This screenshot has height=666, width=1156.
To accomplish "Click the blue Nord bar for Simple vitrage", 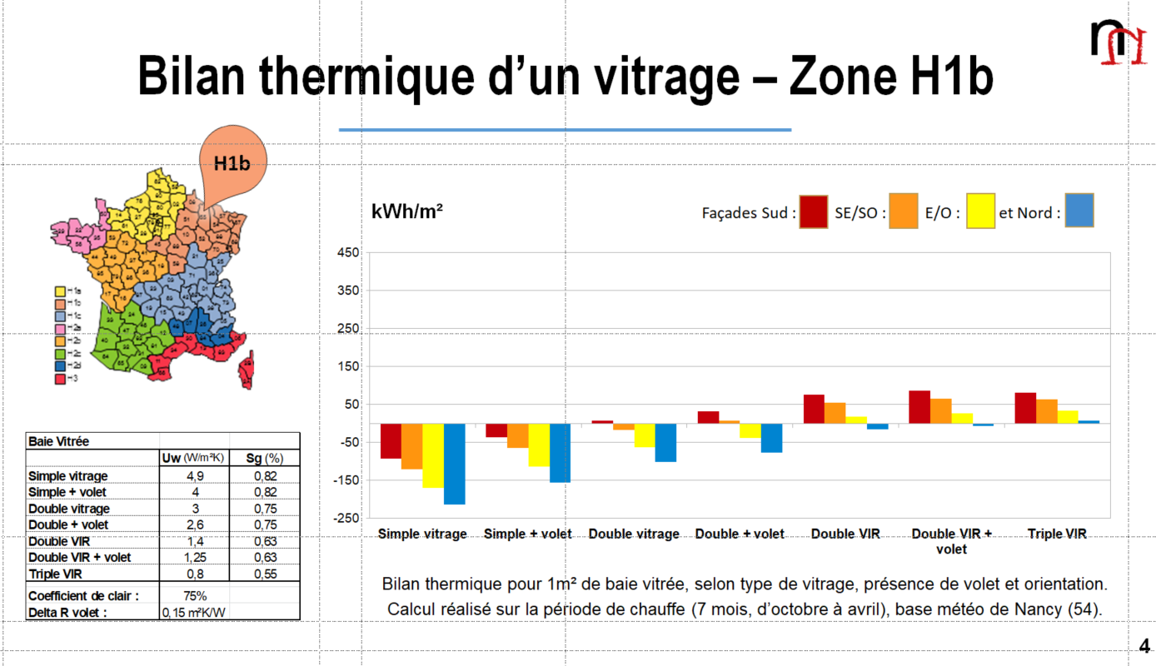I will tap(454, 464).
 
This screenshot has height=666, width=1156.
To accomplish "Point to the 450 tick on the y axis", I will tap(348, 253).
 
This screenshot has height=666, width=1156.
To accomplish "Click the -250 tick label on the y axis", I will tap(346, 519).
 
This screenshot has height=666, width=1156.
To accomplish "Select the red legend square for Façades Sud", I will tap(814, 211).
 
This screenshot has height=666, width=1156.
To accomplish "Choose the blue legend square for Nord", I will tap(1079, 211).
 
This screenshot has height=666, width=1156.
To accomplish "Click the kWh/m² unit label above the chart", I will tap(406, 211).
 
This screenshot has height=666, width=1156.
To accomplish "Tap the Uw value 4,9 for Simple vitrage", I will tap(196, 476).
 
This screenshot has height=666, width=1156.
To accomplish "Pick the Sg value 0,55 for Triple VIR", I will tap(264, 574).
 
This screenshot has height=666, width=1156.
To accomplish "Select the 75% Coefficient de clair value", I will tap(195, 596).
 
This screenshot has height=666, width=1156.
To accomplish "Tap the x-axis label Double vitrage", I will tap(634, 534).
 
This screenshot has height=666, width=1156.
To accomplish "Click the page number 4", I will tap(1144, 647).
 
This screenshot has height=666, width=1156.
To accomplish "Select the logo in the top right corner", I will tap(1118, 42).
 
